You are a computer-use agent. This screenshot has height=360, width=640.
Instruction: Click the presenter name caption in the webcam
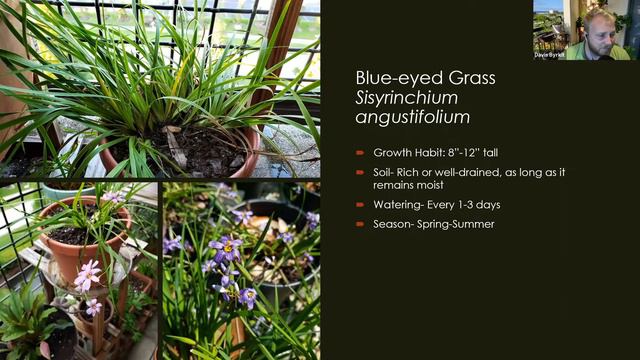549,55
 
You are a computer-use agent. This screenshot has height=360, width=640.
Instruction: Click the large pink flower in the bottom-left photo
88,273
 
